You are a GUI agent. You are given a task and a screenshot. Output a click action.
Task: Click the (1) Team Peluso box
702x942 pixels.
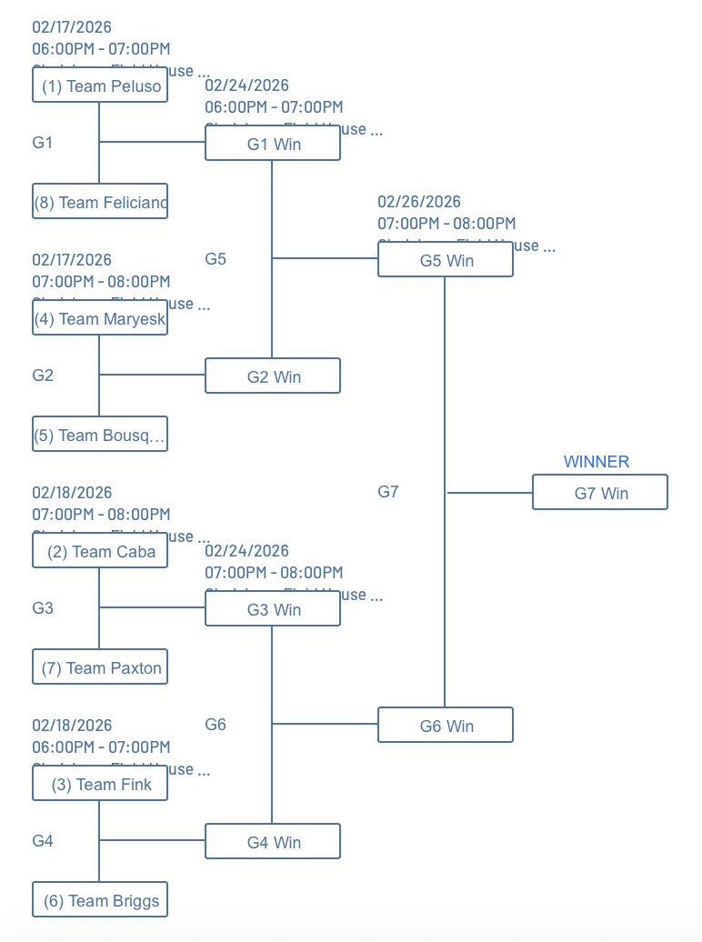click(100, 85)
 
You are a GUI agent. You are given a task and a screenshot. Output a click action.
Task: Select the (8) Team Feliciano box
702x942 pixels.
click(100, 202)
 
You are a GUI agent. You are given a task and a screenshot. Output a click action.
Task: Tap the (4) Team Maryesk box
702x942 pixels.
click(100, 318)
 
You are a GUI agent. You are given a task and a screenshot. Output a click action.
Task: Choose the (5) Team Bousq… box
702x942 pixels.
click(100, 435)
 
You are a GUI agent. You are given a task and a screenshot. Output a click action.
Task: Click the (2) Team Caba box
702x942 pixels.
click(100, 551)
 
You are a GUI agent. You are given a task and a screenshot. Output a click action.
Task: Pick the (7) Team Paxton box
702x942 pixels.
click(100, 667)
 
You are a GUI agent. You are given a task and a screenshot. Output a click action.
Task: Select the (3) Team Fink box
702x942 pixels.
click(100, 784)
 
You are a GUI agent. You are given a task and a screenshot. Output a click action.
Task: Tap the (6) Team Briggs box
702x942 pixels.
click(100, 900)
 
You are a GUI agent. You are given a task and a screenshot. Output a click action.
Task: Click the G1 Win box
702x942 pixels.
click(273, 144)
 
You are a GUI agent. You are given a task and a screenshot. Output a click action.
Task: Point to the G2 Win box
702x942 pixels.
click(273, 376)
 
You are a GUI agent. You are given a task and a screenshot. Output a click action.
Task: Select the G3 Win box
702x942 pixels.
click(273, 609)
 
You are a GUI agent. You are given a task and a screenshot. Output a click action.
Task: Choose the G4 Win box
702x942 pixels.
click(273, 842)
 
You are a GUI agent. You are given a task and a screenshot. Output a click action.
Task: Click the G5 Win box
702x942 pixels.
click(446, 260)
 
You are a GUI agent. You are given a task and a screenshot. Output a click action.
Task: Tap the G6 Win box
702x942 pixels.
click(446, 726)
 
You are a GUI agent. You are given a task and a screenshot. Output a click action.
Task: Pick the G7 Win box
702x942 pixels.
click(600, 493)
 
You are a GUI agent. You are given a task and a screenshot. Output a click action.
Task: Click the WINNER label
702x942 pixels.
click(597, 462)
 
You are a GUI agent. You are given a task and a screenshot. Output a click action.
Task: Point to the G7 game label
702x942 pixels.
click(388, 492)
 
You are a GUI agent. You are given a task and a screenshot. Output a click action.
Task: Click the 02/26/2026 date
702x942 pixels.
click(419, 202)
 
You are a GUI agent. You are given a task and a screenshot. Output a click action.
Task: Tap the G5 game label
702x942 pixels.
click(216, 259)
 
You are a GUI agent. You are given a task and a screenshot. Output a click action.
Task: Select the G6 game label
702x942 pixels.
click(216, 725)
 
